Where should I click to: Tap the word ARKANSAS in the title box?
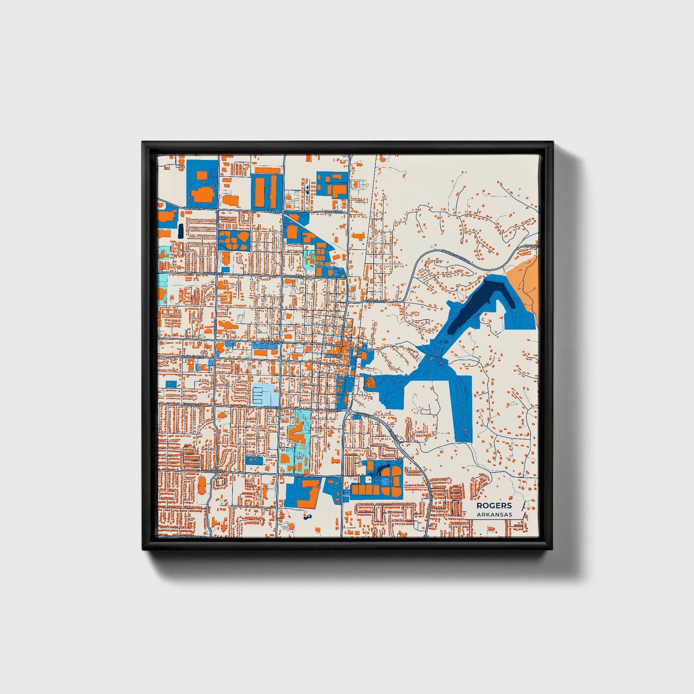click(x=494, y=514)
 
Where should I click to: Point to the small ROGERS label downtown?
click(x=332, y=355)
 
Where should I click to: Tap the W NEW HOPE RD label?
click(x=192, y=536)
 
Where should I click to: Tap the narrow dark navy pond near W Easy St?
click(x=180, y=231)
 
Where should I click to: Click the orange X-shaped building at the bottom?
click(x=404, y=535)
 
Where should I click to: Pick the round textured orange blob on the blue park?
click(x=370, y=383)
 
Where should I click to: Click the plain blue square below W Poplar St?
click(x=171, y=384)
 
